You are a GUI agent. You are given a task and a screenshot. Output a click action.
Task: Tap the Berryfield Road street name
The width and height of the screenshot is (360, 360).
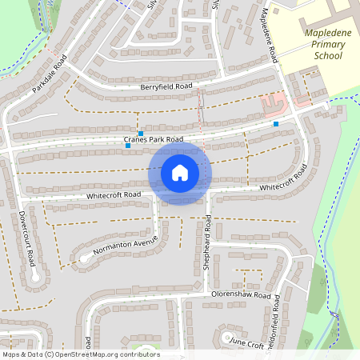[x=166, y=86]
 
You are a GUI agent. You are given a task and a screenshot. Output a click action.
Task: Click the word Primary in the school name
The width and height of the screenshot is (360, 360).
[x=323, y=45]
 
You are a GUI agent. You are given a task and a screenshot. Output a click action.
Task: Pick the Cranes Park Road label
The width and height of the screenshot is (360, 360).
[x=154, y=140]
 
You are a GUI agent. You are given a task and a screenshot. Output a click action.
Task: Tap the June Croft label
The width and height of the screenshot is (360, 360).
[x=246, y=342]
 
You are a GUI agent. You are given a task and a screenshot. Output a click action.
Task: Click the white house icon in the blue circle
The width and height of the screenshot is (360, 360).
[x=180, y=172]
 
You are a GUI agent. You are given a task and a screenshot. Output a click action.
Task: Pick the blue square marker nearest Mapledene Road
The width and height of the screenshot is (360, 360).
[x=276, y=124]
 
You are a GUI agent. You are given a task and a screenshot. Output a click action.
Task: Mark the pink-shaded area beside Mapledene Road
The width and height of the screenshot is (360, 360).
[x=274, y=102]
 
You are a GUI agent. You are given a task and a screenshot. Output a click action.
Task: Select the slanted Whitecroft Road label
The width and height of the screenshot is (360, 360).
[x=283, y=181]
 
